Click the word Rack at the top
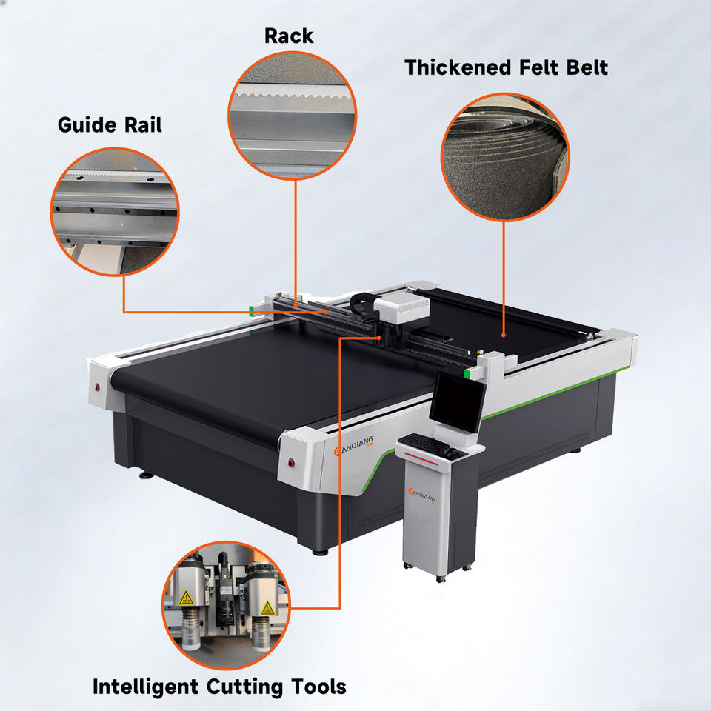(x=289, y=36)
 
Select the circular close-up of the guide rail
(x=115, y=212)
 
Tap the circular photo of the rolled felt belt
(x=506, y=157)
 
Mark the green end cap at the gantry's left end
(x=253, y=310)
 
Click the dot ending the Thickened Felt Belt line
(x=504, y=336)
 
